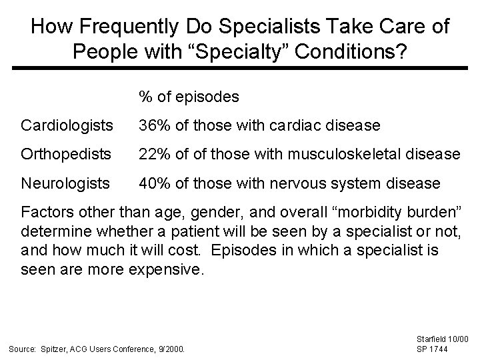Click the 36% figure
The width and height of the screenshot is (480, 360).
pyautogui.click(x=153, y=125)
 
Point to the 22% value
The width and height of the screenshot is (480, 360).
pyautogui.click(x=153, y=154)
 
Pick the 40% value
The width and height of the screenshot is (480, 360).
pyautogui.click(x=153, y=183)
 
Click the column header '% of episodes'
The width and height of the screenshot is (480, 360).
pyautogui.click(x=189, y=97)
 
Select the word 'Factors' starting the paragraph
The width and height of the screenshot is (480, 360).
pyautogui.click(x=46, y=213)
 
